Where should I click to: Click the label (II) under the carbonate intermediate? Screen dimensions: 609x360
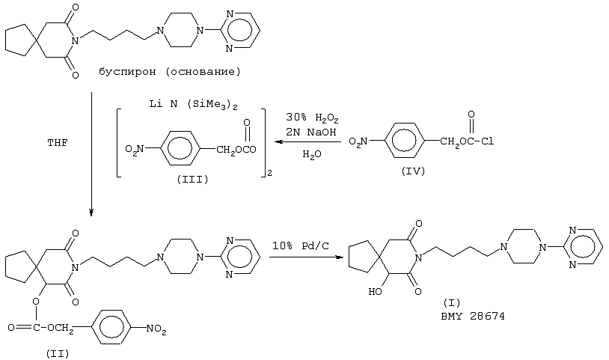(58, 354)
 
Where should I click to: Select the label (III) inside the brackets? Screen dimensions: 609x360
(192, 180)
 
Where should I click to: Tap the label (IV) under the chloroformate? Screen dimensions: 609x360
(413, 171)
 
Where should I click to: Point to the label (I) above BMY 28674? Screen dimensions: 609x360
(452, 302)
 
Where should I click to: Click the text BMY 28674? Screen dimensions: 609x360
(473, 316)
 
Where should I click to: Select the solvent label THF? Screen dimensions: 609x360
(58, 143)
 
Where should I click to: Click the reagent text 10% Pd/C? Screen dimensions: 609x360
(300, 245)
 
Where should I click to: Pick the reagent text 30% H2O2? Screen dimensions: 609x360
(312, 118)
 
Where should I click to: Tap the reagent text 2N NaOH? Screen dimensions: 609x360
(310, 132)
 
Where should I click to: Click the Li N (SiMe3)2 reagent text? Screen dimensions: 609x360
(194, 105)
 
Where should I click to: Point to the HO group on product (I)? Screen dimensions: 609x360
(375, 291)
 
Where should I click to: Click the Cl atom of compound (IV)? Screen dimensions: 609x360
(488, 141)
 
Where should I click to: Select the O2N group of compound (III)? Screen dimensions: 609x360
(135, 150)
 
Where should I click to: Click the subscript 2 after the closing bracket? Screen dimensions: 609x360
(269, 174)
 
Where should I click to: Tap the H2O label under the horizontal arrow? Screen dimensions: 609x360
(312, 155)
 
